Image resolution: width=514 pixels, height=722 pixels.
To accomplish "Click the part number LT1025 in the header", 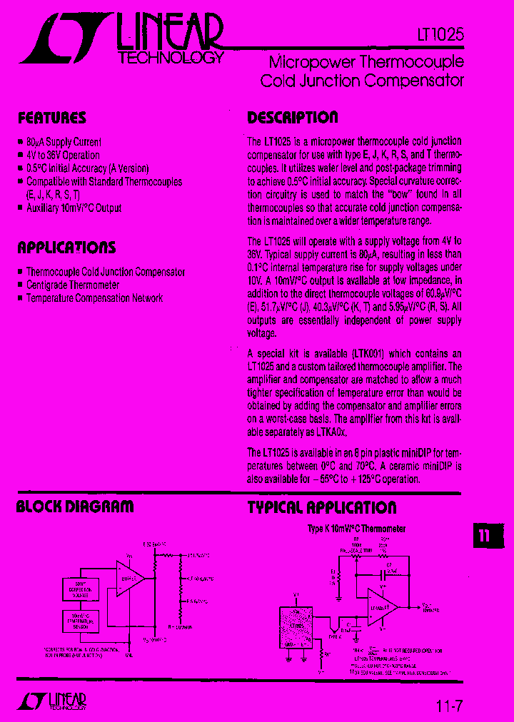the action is (x=440, y=34).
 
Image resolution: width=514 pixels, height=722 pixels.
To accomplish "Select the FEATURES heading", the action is (x=51, y=118).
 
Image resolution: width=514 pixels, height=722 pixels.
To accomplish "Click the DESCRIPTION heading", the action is (x=293, y=118).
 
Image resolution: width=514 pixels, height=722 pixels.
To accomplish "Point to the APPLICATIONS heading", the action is (x=66, y=248).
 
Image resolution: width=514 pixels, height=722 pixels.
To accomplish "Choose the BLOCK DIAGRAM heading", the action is (x=75, y=507).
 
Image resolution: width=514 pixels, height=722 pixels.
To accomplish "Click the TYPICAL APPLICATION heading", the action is (x=322, y=508).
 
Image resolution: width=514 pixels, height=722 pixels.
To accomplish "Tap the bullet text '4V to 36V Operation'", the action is (x=63, y=155).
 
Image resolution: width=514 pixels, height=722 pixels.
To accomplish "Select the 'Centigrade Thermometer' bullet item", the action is (x=73, y=285).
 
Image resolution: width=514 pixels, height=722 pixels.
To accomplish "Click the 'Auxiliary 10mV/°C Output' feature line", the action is (x=74, y=208).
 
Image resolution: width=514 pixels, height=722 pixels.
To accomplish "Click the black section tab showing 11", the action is (x=485, y=537).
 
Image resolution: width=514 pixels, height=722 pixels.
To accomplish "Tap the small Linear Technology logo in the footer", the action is (x=51, y=701).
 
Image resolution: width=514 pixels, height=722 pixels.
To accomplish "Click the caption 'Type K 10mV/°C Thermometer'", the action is (x=356, y=529).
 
